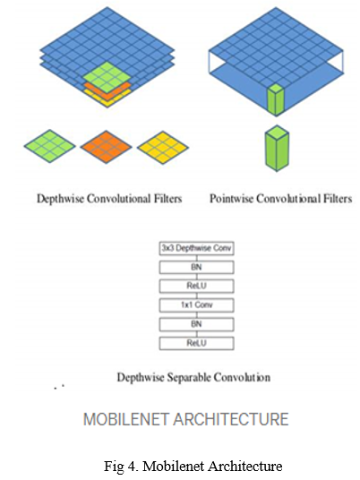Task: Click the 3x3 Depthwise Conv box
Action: [196, 248]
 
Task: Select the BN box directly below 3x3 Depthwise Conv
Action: [196, 267]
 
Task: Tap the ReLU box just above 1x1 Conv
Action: [196, 287]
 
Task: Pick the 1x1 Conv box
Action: [196, 305]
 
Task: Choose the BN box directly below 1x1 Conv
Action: [196, 324]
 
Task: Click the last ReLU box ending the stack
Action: [196, 343]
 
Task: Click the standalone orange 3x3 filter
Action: [106, 147]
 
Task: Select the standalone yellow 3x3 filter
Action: [163, 147]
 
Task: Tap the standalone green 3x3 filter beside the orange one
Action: [49, 146]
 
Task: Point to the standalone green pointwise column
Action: [277, 148]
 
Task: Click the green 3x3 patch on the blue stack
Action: [107, 77]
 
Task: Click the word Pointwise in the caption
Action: [231, 199]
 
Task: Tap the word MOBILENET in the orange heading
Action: [126, 419]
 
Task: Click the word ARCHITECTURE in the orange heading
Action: [231, 419]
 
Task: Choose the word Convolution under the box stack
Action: [242, 377]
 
